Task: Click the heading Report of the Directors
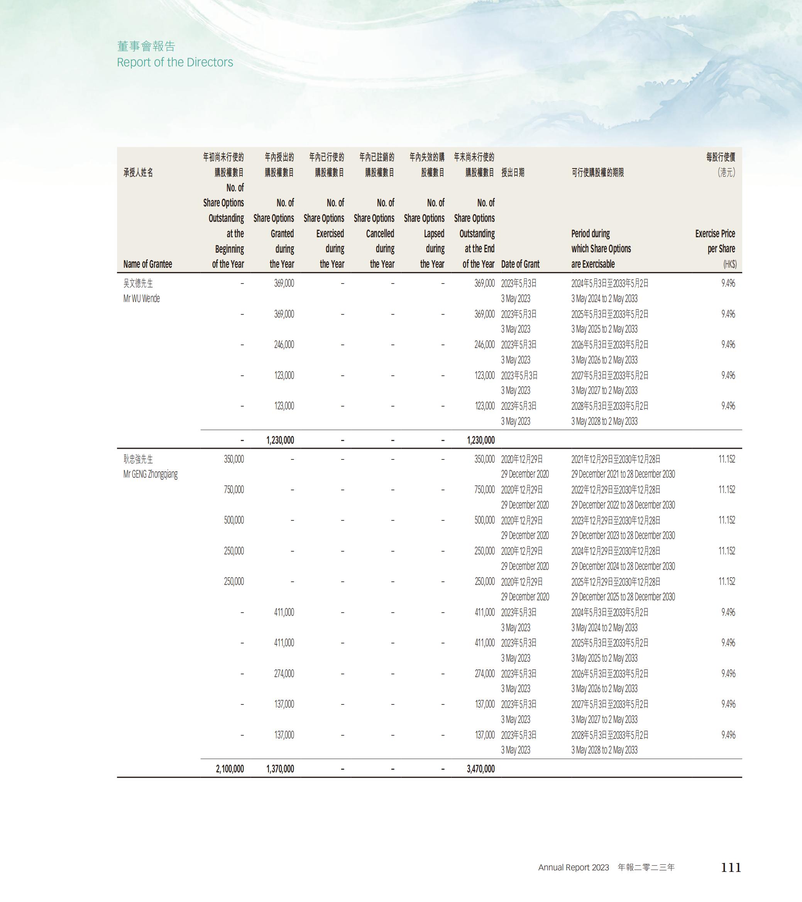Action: coord(175,62)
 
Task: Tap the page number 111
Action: coord(731,868)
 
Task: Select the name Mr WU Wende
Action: coord(141,299)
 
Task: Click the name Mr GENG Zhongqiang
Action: coord(150,475)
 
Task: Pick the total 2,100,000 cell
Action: coord(230,769)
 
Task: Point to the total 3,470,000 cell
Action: coord(480,769)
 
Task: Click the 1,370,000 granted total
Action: coord(280,769)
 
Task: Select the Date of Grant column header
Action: coord(520,264)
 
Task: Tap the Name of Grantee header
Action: coord(147,264)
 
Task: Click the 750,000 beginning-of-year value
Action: coord(233,490)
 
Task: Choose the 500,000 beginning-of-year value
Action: coord(233,520)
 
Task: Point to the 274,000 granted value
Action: coord(284,674)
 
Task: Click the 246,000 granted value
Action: coord(284,345)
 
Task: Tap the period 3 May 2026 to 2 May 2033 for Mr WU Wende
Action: coord(604,360)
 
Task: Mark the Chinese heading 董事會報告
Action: coord(146,46)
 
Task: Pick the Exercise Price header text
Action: coord(715,233)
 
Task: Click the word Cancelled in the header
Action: coord(380,233)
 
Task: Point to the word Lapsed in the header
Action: coord(434,233)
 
